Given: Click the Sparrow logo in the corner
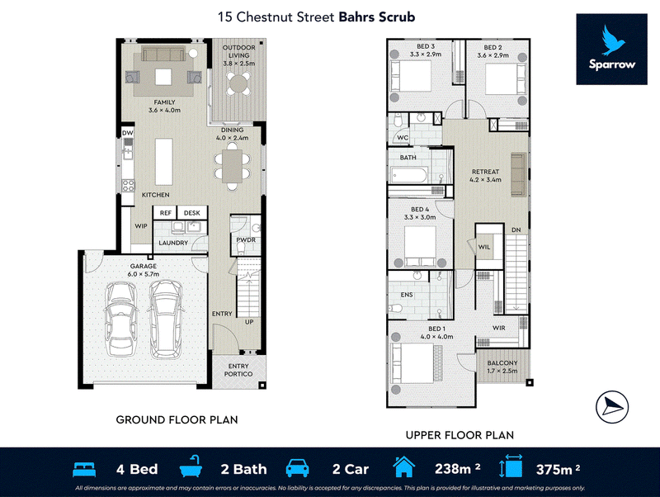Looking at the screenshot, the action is (x=611, y=50).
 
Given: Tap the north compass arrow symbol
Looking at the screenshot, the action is (x=612, y=407).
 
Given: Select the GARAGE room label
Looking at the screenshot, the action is (x=143, y=266).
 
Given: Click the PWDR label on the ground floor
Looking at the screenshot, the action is (x=246, y=239).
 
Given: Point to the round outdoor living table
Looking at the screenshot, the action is (x=238, y=83).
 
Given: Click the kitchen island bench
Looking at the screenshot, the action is (x=163, y=162).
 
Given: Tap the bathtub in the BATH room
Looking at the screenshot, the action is (x=409, y=175).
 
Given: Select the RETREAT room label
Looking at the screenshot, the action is (x=485, y=172).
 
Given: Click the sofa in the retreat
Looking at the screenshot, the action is (x=519, y=175).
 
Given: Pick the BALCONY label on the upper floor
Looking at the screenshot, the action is (x=502, y=363).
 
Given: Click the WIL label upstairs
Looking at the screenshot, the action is (x=484, y=247).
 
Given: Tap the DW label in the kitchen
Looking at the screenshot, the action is (x=128, y=133).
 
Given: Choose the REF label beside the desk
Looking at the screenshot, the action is (x=166, y=213).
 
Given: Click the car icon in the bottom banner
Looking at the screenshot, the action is (x=297, y=468).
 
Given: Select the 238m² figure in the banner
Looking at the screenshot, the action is (x=458, y=469).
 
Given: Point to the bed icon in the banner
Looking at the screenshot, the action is (x=84, y=469).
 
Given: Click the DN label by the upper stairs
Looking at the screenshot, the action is (x=516, y=230).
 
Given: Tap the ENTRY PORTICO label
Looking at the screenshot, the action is (x=238, y=370).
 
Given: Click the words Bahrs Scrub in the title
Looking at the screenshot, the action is (x=377, y=17).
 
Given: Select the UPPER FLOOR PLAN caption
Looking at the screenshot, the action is (x=460, y=435).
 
